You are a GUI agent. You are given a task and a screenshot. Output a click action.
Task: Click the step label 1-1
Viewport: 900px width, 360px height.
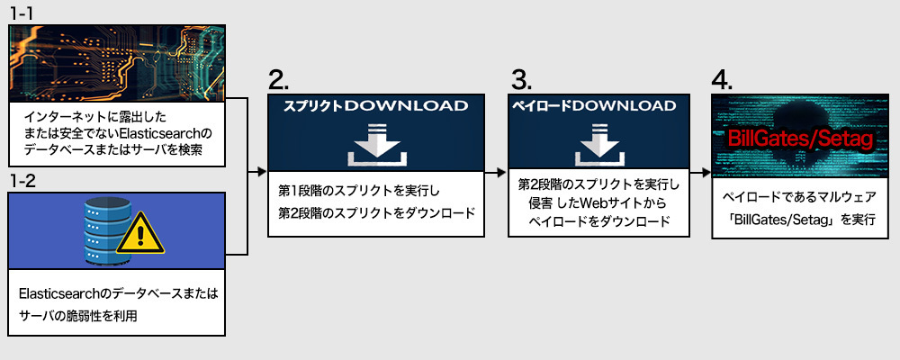point(22,13)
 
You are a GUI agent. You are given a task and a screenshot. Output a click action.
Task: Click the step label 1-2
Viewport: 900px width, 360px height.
point(22,182)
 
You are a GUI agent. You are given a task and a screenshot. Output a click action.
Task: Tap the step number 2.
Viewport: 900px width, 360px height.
point(278,80)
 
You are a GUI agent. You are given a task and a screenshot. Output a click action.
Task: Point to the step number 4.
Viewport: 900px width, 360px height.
point(722,80)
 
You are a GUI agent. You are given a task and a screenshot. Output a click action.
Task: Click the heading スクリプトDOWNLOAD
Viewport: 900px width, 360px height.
point(376,105)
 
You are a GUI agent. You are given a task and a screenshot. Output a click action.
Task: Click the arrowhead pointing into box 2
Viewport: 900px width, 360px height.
point(263,172)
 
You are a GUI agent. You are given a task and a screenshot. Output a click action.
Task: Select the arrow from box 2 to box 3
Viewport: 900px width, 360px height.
point(495,172)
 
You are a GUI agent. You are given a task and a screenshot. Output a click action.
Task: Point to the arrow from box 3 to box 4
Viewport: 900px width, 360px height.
point(700,172)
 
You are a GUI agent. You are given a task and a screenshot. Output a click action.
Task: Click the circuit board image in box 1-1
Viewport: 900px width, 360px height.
point(116,63)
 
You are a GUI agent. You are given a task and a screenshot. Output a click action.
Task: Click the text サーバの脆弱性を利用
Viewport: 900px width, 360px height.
point(78,316)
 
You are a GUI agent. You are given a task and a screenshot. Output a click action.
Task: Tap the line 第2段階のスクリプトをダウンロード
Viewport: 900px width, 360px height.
point(376,212)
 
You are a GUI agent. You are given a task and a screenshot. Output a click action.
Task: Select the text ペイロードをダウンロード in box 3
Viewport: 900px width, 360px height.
point(598,221)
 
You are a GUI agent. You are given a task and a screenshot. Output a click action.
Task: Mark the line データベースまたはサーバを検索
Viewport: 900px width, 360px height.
point(112,150)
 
